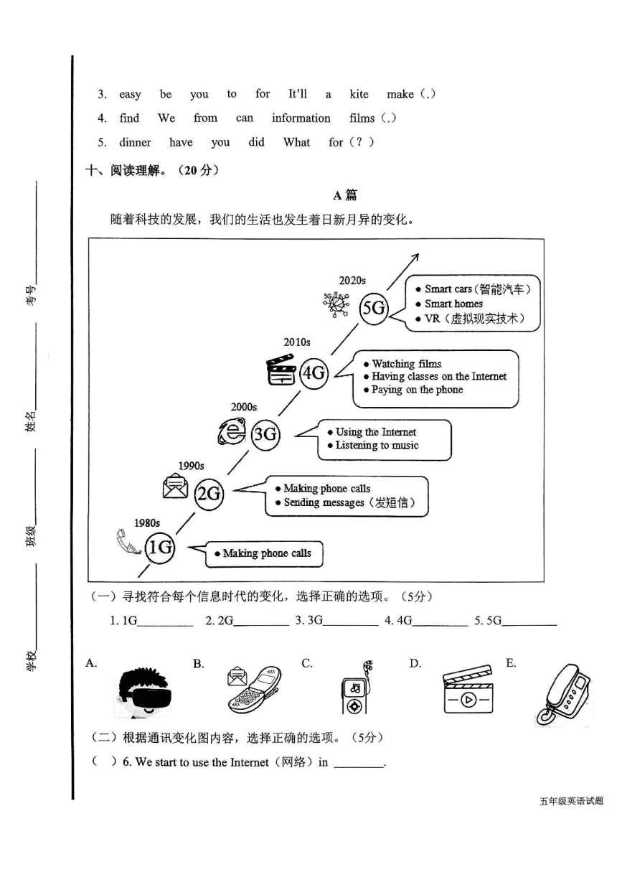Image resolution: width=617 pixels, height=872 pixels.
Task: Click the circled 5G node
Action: click(x=374, y=309)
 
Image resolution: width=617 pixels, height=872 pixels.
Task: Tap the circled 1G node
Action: click(x=160, y=548)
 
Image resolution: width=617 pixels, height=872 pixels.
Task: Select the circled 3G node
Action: click(x=265, y=433)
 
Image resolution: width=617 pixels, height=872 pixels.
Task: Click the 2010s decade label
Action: click(x=297, y=342)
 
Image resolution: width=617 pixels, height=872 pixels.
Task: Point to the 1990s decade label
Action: click(x=191, y=466)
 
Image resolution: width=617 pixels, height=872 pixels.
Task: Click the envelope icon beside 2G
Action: click(x=175, y=486)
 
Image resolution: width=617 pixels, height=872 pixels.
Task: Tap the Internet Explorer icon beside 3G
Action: click(x=232, y=431)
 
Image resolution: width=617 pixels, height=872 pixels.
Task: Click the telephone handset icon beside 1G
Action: click(x=128, y=542)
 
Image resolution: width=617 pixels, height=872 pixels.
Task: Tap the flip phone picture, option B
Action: click(x=254, y=690)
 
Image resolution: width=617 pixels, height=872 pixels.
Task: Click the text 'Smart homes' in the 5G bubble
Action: click(x=453, y=304)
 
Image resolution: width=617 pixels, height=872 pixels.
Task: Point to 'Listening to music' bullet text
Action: click(x=377, y=445)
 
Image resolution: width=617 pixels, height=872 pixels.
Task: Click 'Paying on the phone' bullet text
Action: click(x=417, y=390)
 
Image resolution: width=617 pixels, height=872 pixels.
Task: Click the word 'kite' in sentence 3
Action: click(x=359, y=94)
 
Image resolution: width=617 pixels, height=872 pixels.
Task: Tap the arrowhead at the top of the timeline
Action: click(x=415, y=257)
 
